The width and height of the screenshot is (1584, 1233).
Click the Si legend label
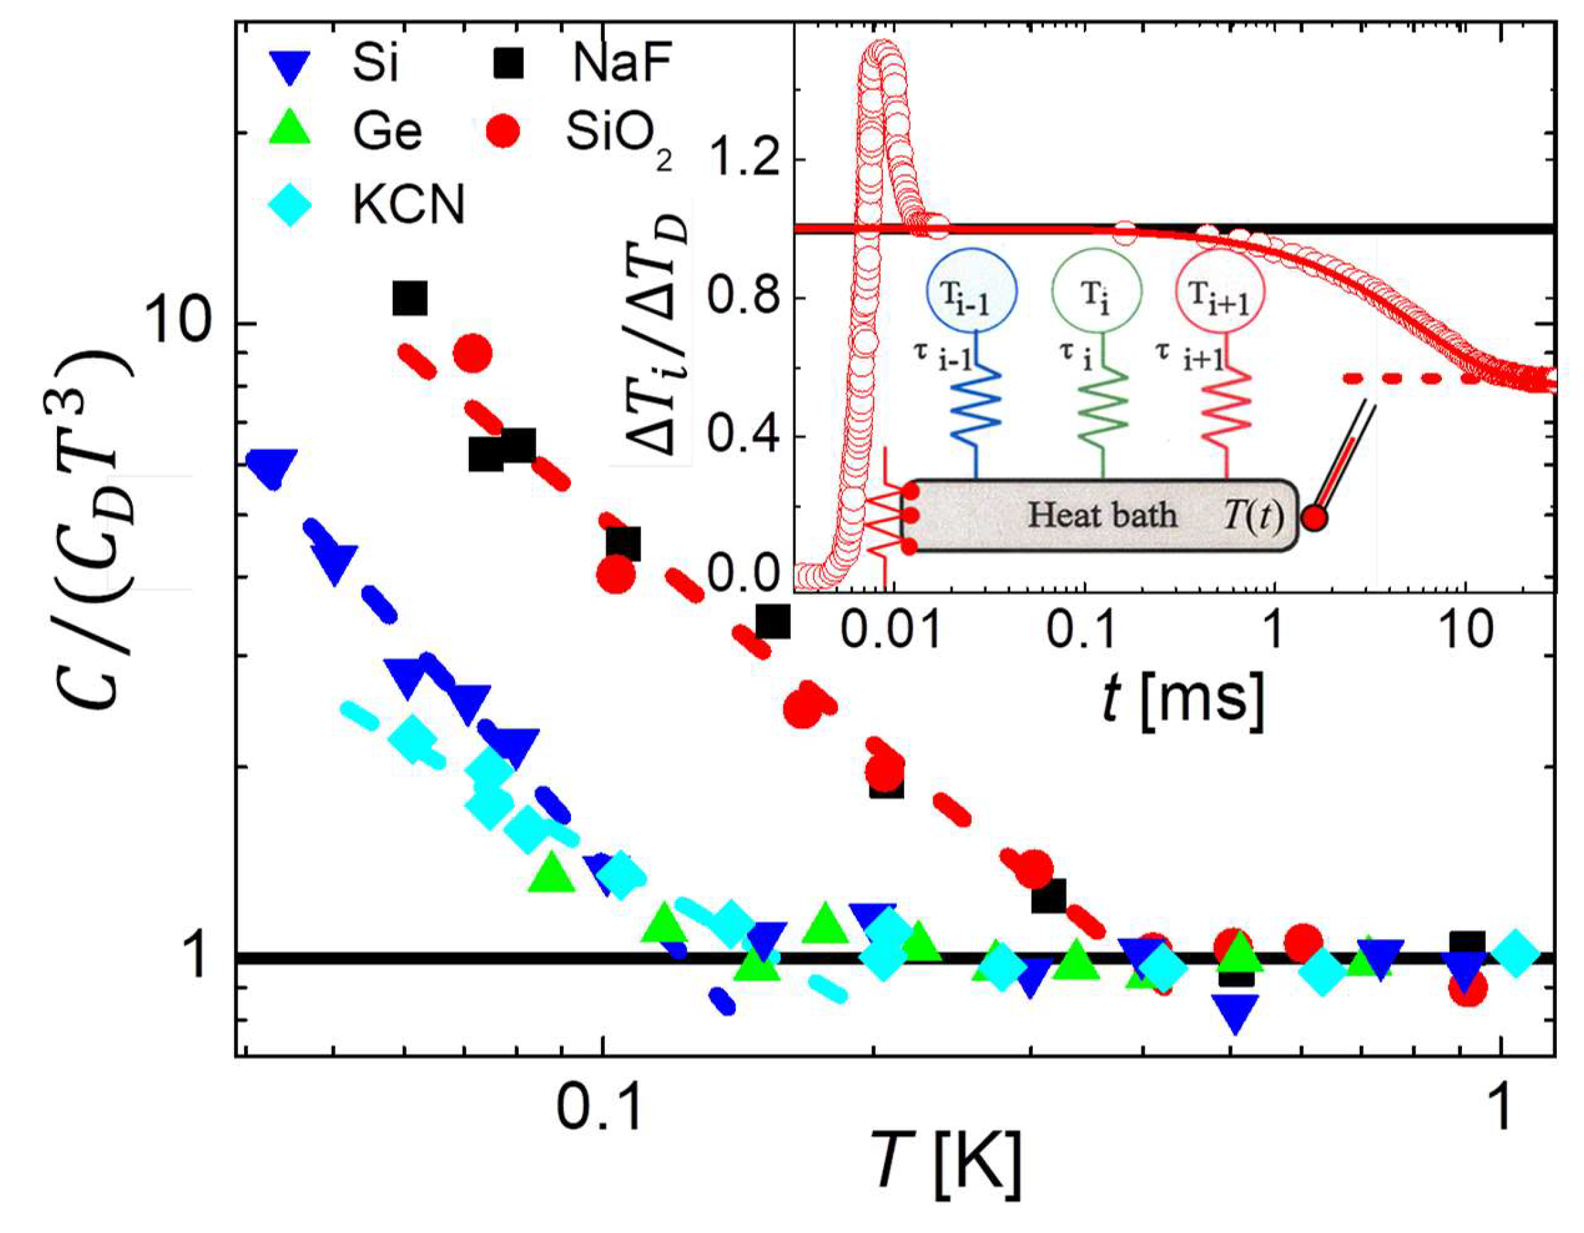375,64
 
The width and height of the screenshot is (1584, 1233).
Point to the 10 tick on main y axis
184,324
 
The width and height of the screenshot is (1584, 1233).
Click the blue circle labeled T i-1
972,290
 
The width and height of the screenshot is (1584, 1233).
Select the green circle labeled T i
1097,290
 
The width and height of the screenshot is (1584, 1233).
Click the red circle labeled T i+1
1221,290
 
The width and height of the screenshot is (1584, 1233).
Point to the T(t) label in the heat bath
1253,516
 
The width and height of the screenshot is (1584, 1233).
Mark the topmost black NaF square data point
410,297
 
